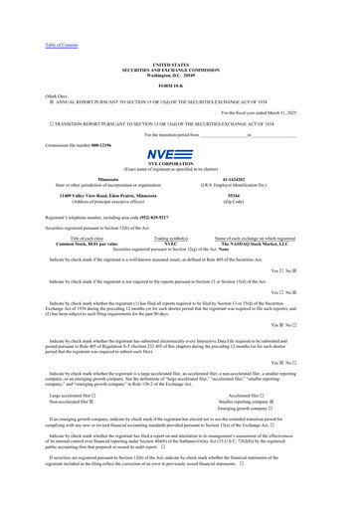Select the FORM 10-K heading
point(180,87)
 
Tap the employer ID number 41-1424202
point(249,179)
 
